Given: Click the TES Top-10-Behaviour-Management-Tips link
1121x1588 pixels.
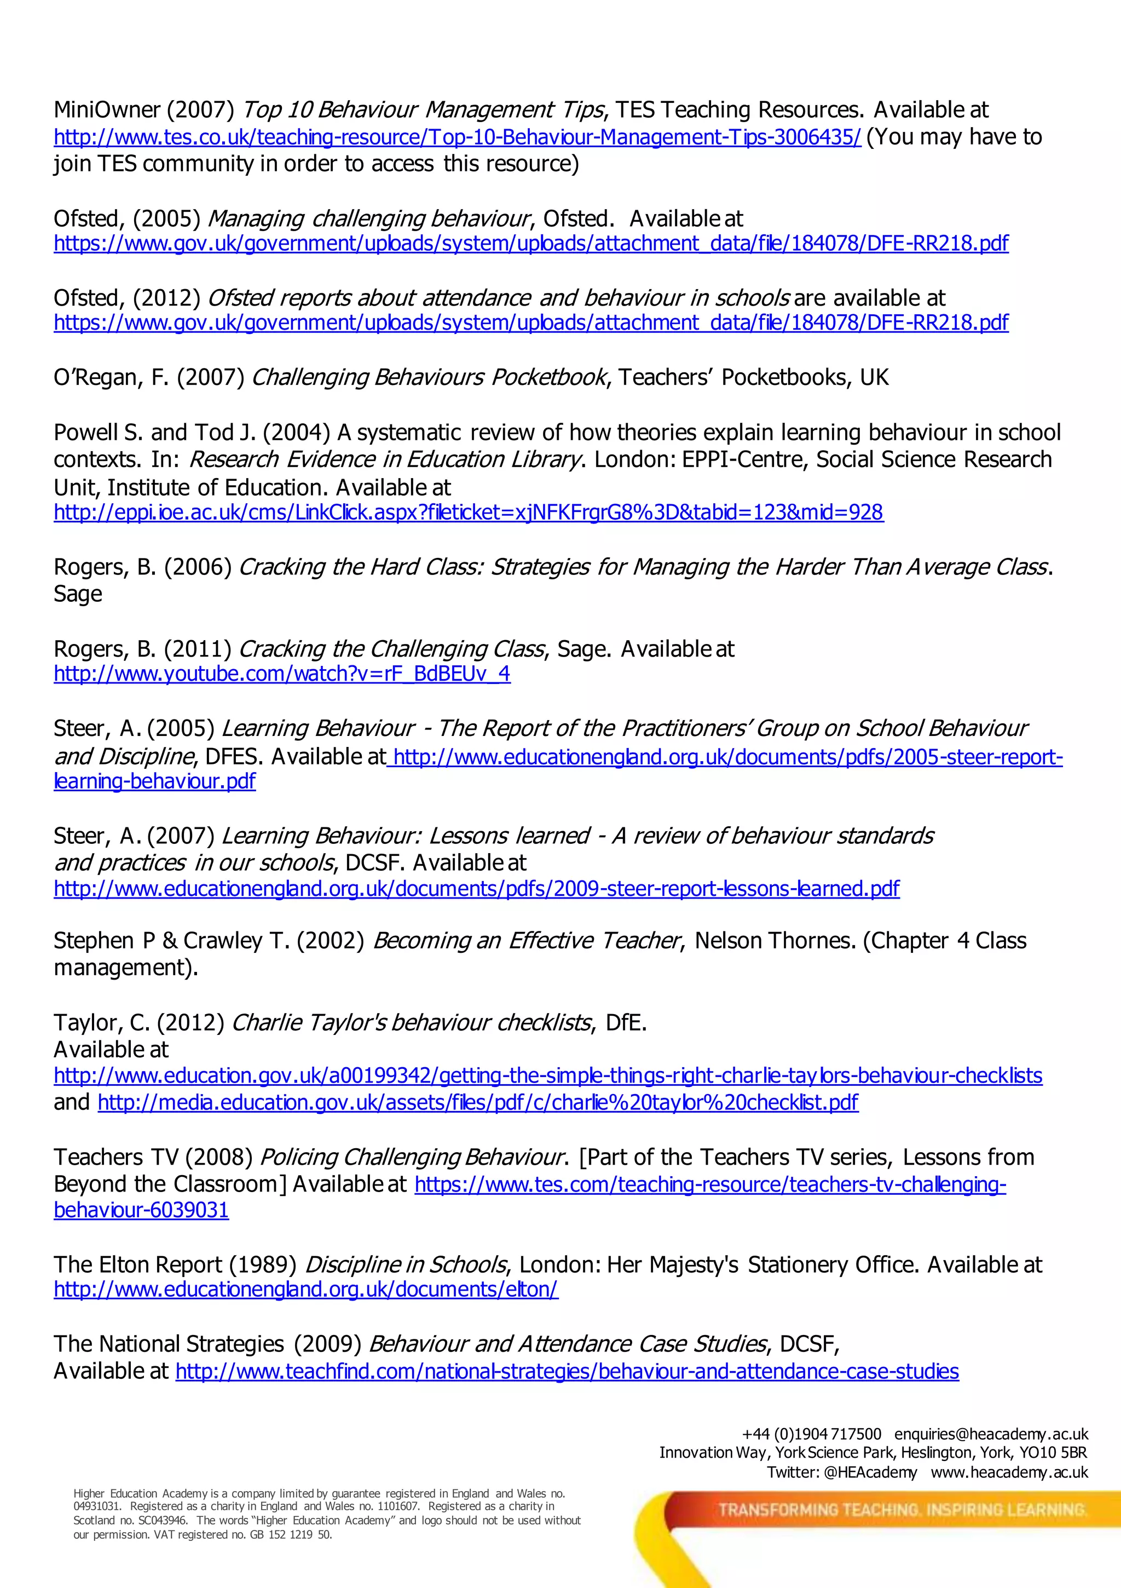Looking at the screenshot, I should click(x=457, y=137).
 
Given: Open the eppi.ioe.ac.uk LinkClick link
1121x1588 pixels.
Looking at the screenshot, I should click(x=468, y=513).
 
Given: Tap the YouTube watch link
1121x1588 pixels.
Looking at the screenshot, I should click(x=282, y=674).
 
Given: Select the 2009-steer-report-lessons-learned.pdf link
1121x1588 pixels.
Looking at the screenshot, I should click(x=476, y=888).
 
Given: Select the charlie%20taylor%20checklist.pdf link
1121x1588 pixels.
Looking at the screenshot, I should click(x=478, y=1102).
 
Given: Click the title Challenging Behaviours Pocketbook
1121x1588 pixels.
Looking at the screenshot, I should click(x=429, y=378).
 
